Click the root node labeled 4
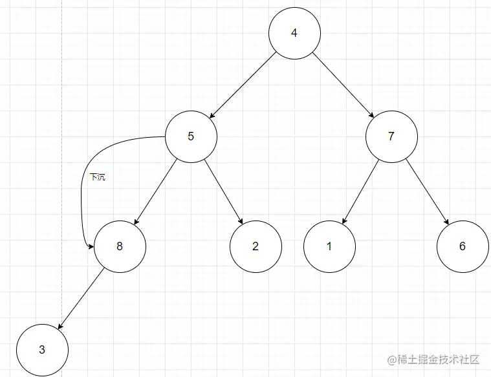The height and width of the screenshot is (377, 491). tap(294, 32)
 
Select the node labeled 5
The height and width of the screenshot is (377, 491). tap(191, 136)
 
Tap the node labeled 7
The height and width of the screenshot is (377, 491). tap(391, 136)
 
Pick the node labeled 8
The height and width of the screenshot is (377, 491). tap(120, 246)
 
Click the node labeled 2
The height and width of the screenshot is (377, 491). tap(256, 246)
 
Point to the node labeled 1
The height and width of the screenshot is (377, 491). tap(329, 246)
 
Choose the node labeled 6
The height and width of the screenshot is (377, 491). tap(462, 246)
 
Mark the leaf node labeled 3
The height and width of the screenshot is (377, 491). tap(42, 350)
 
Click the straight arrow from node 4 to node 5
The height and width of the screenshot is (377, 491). tap(243, 84)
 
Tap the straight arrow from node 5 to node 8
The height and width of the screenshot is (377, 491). tap(155, 191)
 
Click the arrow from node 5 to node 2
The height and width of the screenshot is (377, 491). tap(223, 191)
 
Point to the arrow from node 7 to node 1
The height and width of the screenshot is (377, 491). tap(360, 191)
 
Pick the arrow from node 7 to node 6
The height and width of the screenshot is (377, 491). tap(427, 191)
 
